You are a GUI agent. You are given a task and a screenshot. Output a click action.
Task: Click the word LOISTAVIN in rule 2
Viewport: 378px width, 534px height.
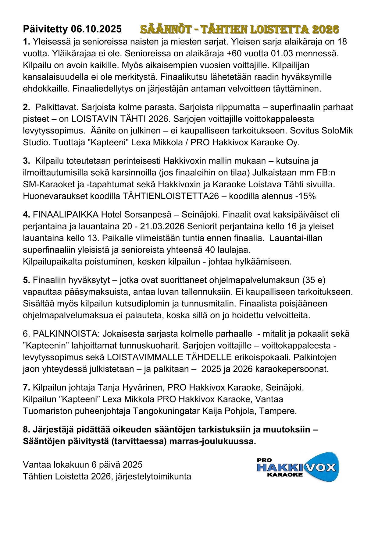point(93,119)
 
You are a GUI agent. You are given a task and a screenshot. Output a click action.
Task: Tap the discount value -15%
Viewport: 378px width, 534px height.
point(305,196)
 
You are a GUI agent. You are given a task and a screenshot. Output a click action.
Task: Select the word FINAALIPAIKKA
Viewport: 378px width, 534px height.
point(66,215)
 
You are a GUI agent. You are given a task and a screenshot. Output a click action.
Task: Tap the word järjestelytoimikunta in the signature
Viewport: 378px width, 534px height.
point(153,476)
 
